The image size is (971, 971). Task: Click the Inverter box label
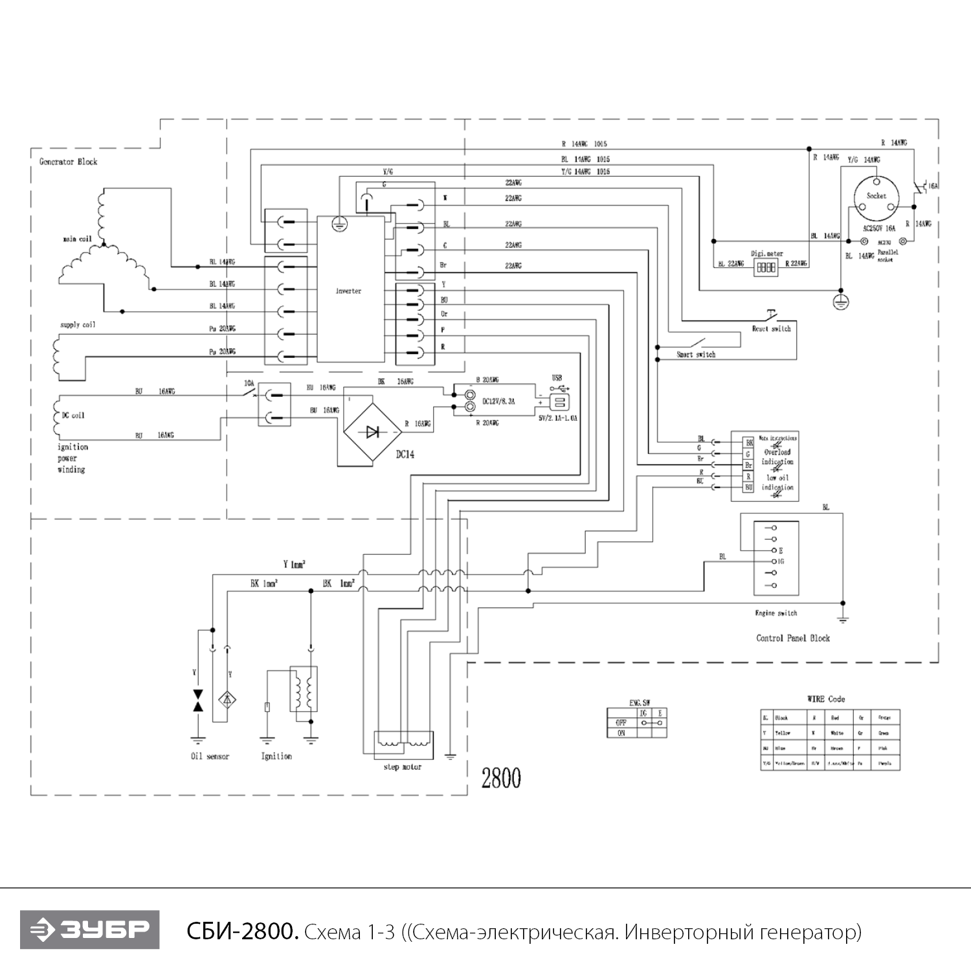tap(348, 291)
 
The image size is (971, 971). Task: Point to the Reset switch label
tap(771, 329)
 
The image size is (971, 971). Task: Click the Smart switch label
tap(696, 355)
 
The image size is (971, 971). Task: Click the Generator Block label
tap(68, 162)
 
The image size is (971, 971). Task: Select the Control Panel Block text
tap(793, 638)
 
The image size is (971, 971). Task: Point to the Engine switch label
tap(776, 613)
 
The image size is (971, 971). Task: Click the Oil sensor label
tap(210, 756)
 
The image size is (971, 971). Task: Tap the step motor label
tap(402, 767)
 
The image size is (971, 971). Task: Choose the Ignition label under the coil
tap(276, 756)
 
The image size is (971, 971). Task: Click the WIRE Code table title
tap(826, 699)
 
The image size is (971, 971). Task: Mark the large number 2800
tap(501, 778)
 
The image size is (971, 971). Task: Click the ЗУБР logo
tap(89, 930)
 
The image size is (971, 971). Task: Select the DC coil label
tap(73, 415)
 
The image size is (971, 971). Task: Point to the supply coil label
tap(78, 325)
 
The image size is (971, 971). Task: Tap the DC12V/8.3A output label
tap(498, 402)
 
